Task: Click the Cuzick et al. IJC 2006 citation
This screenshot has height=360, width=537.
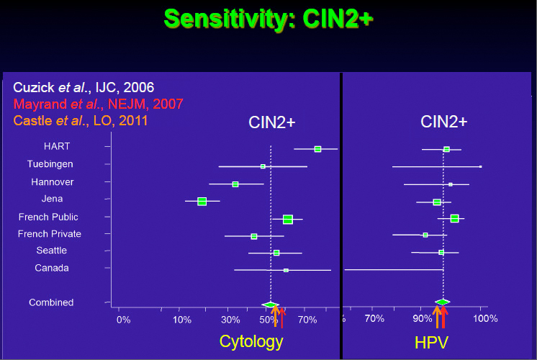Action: tap(84, 87)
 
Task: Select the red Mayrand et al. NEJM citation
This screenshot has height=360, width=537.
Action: tap(98, 104)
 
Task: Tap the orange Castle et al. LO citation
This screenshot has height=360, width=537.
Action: tap(81, 120)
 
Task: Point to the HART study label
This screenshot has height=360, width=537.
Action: tap(57, 146)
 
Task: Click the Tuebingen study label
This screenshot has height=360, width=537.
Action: tap(50, 164)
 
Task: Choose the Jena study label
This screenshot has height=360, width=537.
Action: tap(53, 199)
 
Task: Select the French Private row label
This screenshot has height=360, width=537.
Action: tap(50, 234)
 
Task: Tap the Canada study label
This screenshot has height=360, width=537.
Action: tap(52, 268)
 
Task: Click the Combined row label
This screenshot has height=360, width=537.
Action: tap(51, 302)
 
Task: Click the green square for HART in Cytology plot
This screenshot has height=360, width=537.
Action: tap(317, 149)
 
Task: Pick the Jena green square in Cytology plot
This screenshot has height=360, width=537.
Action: tap(202, 202)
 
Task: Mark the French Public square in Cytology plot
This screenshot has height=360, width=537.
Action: tap(288, 219)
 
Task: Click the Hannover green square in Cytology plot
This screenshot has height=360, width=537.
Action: tap(235, 184)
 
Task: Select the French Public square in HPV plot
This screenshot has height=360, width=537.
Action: tap(454, 218)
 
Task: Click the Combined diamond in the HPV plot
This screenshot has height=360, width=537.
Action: tap(443, 302)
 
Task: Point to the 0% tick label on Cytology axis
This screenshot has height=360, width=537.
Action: tap(124, 319)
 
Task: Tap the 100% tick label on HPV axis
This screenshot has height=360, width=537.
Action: tap(485, 318)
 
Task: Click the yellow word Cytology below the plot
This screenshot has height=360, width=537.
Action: tap(248, 342)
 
